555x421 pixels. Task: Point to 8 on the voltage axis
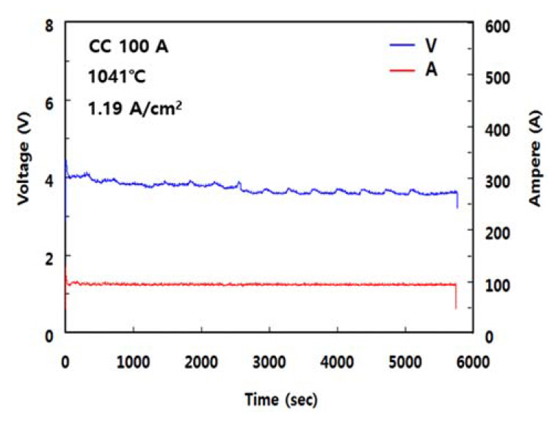pyautogui.click(x=51, y=26)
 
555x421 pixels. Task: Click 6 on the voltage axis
pyautogui.click(x=51, y=103)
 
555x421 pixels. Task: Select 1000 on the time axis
pyautogui.click(x=133, y=361)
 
